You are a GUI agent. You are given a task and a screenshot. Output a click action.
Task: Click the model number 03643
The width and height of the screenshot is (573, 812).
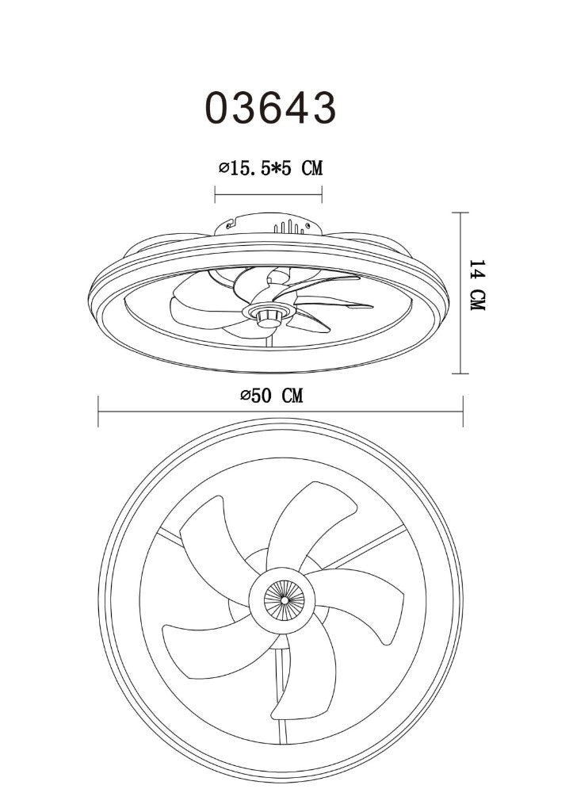(271, 108)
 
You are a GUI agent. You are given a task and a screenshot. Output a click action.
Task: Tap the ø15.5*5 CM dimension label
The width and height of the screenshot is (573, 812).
(270, 168)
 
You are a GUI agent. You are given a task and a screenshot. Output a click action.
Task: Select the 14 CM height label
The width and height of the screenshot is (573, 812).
(477, 285)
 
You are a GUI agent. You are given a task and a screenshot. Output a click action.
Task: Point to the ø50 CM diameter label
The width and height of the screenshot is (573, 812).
(271, 396)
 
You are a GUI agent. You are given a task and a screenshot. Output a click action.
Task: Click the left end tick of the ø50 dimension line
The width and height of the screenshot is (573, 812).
(98, 412)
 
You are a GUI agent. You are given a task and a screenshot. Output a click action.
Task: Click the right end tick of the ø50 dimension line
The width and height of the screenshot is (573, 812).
(463, 412)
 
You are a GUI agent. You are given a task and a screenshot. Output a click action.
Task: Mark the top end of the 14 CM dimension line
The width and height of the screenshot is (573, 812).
(460, 213)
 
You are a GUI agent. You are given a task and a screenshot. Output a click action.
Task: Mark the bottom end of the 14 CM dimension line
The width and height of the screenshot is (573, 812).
(460, 373)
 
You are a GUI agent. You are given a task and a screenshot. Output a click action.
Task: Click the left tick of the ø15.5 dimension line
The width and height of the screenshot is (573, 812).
(215, 195)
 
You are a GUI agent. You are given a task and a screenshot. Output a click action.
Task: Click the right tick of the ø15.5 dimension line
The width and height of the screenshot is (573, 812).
(322, 195)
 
